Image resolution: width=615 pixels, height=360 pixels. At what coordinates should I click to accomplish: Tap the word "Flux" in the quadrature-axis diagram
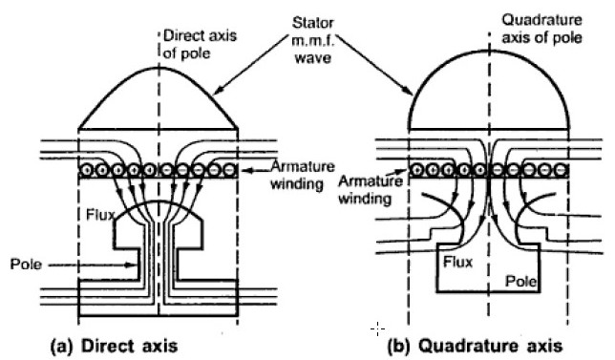[464, 262]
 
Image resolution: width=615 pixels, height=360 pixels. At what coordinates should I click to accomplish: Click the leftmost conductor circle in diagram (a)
[87, 170]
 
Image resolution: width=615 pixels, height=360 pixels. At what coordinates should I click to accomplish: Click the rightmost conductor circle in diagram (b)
[561, 170]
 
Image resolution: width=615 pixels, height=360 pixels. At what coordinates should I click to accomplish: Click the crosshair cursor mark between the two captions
[378, 328]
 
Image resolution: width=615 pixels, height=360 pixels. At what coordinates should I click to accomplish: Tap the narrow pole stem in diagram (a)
[158, 258]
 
